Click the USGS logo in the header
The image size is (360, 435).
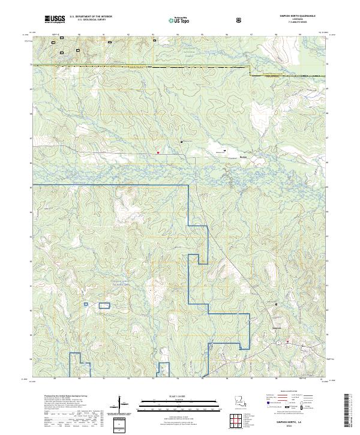55,19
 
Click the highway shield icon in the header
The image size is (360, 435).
240,19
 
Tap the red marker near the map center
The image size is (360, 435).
158,152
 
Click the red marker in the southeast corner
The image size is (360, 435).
288,342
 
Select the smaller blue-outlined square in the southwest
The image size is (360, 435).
86,305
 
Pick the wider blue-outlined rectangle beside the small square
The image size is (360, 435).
104,305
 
